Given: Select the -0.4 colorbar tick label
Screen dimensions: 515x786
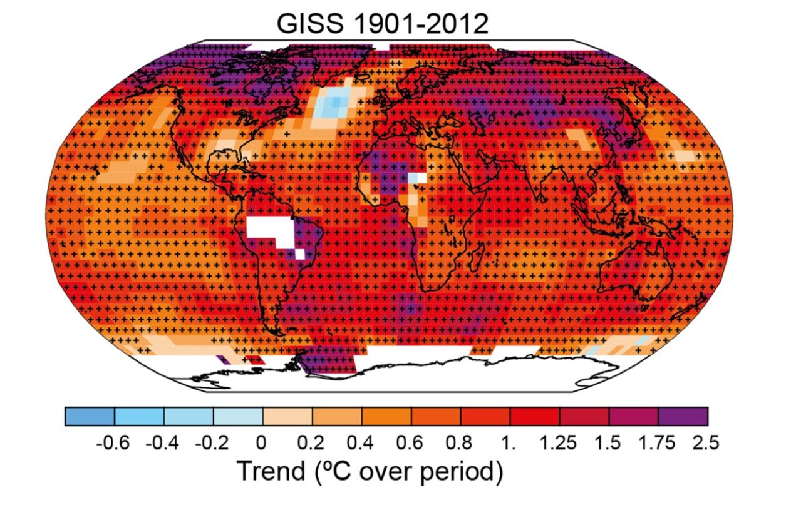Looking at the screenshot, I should (162, 443).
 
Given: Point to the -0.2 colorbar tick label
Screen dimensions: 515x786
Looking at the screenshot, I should (211, 443).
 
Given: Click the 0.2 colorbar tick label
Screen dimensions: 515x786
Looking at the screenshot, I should (311, 443).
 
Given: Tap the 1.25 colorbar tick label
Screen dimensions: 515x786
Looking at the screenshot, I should (558, 443).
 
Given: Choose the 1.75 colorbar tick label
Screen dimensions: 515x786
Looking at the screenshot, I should (657, 443).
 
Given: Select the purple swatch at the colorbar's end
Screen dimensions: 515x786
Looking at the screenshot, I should (683, 416).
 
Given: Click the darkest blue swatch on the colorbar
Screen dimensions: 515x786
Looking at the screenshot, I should (90, 416).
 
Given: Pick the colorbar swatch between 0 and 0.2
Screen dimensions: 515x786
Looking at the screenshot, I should (287, 416).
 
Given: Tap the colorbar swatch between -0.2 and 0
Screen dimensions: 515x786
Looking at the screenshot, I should (238, 416).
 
